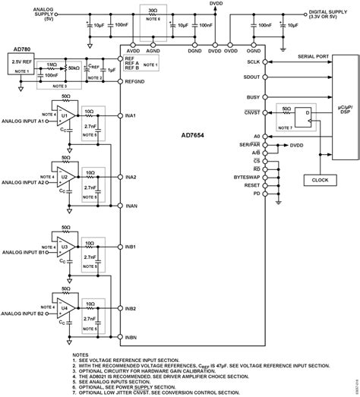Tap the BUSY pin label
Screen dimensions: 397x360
[254, 97]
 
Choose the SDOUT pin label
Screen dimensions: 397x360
[252, 77]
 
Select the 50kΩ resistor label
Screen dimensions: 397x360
[74, 68]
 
